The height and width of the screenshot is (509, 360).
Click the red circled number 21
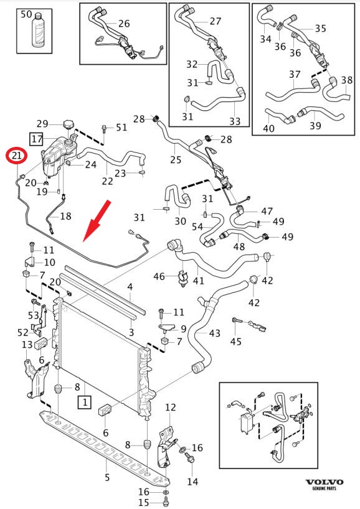[x=17, y=156]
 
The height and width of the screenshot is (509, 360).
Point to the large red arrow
[x=97, y=221]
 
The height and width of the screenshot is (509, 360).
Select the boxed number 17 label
[x=37, y=139]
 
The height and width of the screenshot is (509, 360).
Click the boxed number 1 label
[x=85, y=403]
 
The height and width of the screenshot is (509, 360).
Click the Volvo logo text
[x=324, y=482]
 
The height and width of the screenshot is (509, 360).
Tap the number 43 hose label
[x=215, y=334]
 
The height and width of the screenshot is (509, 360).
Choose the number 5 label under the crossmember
[x=107, y=477]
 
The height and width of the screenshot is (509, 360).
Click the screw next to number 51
[x=105, y=129]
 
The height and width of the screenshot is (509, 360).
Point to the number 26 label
[x=124, y=24]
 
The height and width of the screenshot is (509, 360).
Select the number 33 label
[x=235, y=121]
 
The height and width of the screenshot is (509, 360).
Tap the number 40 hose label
[x=268, y=129]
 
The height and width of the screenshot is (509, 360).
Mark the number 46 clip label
[x=159, y=276]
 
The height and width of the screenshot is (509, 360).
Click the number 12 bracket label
[x=170, y=407]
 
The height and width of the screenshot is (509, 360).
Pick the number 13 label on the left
[x=27, y=345]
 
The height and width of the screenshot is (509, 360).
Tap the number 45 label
[x=235, y=342]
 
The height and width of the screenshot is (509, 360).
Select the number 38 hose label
[x=347, y=80]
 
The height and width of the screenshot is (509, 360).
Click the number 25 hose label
[x=176, y=159]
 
